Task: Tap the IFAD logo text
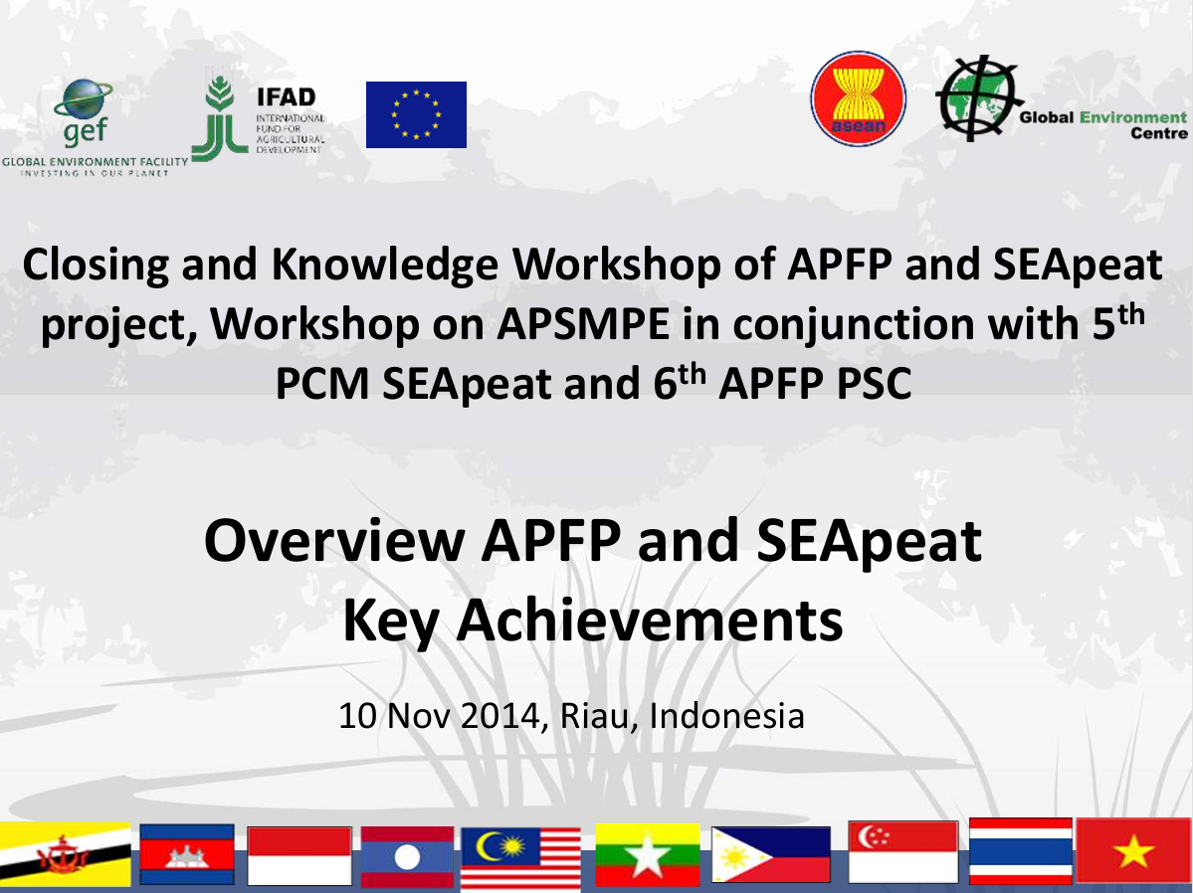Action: coord(287,97)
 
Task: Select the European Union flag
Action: coord(416,115)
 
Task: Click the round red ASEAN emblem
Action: coord(859,98)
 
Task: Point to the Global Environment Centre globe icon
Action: coord(978,98)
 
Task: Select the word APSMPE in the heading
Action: coord(584,324)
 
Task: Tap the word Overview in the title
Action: coord(334,541)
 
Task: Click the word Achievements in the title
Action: coord(650,620)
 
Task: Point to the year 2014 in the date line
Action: coord(499,716)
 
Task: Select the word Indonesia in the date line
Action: coord(726,716)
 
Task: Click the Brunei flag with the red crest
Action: coord(66,854)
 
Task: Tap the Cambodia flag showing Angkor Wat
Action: coord(187,854)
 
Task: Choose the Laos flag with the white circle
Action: coord(407,857)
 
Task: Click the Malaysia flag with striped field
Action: coord(520,859)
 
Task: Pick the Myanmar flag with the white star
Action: coord(648,855)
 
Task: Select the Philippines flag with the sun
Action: coord(771,855)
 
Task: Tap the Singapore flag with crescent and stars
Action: coord(903,852)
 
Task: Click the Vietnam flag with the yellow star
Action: coord(1134,850)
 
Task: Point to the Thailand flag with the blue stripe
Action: coord(1021,851)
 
